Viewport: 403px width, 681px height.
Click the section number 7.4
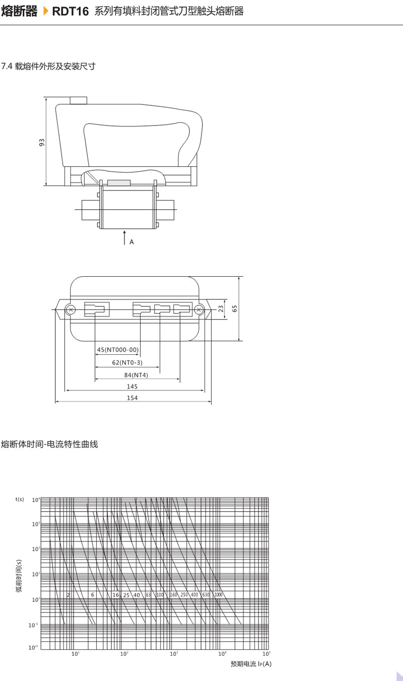point(8,66)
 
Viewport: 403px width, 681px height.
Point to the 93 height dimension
point(42,143)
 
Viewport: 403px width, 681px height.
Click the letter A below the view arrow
point(131,242)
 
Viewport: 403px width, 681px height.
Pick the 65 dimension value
point(234,308)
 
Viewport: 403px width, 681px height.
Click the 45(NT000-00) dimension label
point(117,350)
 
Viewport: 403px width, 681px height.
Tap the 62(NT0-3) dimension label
point(127,362)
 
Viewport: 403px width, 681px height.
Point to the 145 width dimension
point(132,387)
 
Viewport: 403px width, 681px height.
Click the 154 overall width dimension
point(132,398)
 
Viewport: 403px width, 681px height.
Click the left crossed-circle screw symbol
point(71,309)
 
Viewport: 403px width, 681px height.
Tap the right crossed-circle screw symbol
point(199,309)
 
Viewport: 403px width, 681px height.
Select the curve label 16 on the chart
point(115,595)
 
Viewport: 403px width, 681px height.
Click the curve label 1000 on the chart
point(218,595)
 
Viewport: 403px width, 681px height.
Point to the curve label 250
point(184,595)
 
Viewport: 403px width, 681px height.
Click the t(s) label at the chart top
point(20,499)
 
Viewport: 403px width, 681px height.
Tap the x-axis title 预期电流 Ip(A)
point(251,664)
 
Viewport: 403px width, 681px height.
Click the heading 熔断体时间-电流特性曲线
point(49,445)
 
